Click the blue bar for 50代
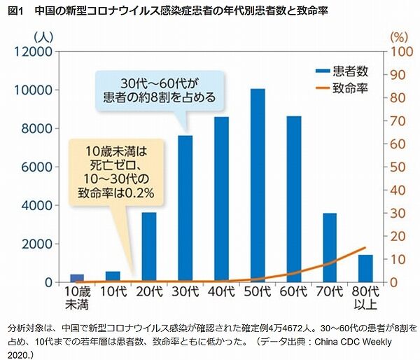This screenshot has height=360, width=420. click(x=258, y=186)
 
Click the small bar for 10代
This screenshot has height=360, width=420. click(x=113, y=277)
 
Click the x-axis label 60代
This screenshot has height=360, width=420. click(x=294, y=291)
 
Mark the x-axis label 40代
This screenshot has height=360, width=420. click(x=221, y=291)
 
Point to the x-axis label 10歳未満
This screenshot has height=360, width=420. click(x=76, y=296)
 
